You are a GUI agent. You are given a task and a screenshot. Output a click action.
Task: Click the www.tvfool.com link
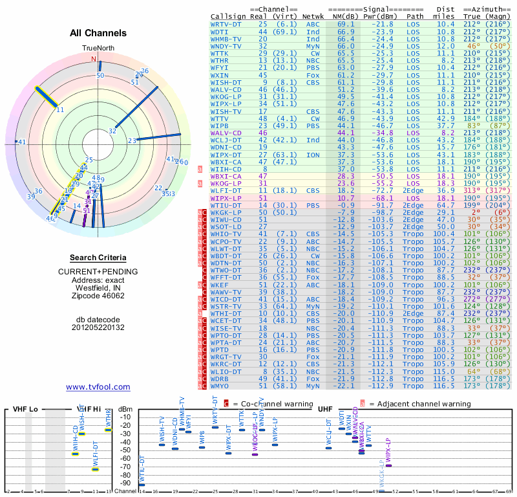click(98, 387)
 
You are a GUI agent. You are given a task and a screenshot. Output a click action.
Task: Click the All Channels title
click(98, 33)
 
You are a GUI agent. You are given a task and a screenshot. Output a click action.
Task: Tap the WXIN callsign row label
click(219, 75)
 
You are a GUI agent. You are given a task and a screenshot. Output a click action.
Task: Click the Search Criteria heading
click(98, 258)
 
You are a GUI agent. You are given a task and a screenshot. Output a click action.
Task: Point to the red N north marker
click(93, 59)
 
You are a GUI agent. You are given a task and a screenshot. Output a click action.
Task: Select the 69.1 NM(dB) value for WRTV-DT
click(345, 24)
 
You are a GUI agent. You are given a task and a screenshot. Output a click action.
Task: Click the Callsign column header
click(228, 16)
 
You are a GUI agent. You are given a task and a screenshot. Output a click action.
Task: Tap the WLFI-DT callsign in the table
click(226, 190)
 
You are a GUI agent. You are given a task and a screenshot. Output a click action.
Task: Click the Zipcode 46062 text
click(98, 296)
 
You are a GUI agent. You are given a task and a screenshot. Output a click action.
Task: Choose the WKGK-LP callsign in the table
click(226, 212)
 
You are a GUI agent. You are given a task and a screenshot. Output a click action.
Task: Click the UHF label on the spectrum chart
click(324, 409)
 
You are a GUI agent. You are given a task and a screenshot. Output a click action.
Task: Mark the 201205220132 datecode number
click(98, 327)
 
